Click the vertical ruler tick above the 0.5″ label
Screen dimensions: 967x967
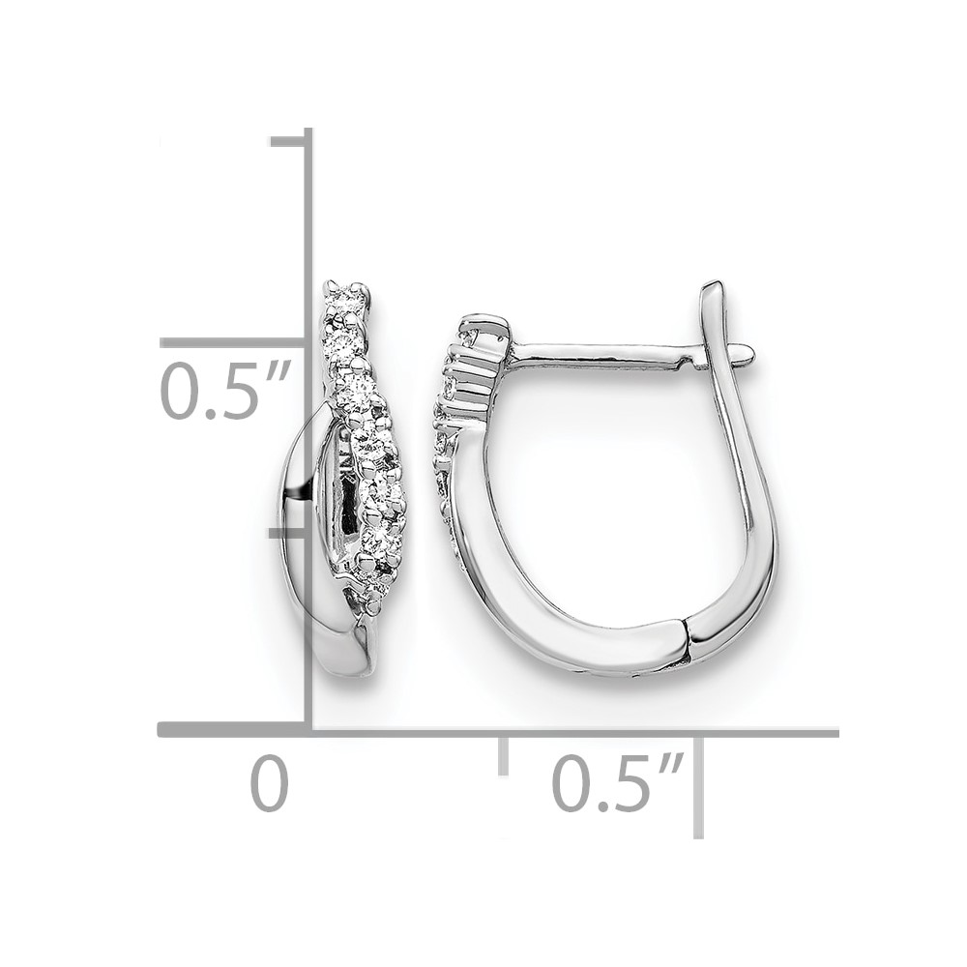point(233,343)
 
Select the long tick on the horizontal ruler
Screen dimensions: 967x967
point(698,786)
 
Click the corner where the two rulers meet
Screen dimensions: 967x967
point(309,731)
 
